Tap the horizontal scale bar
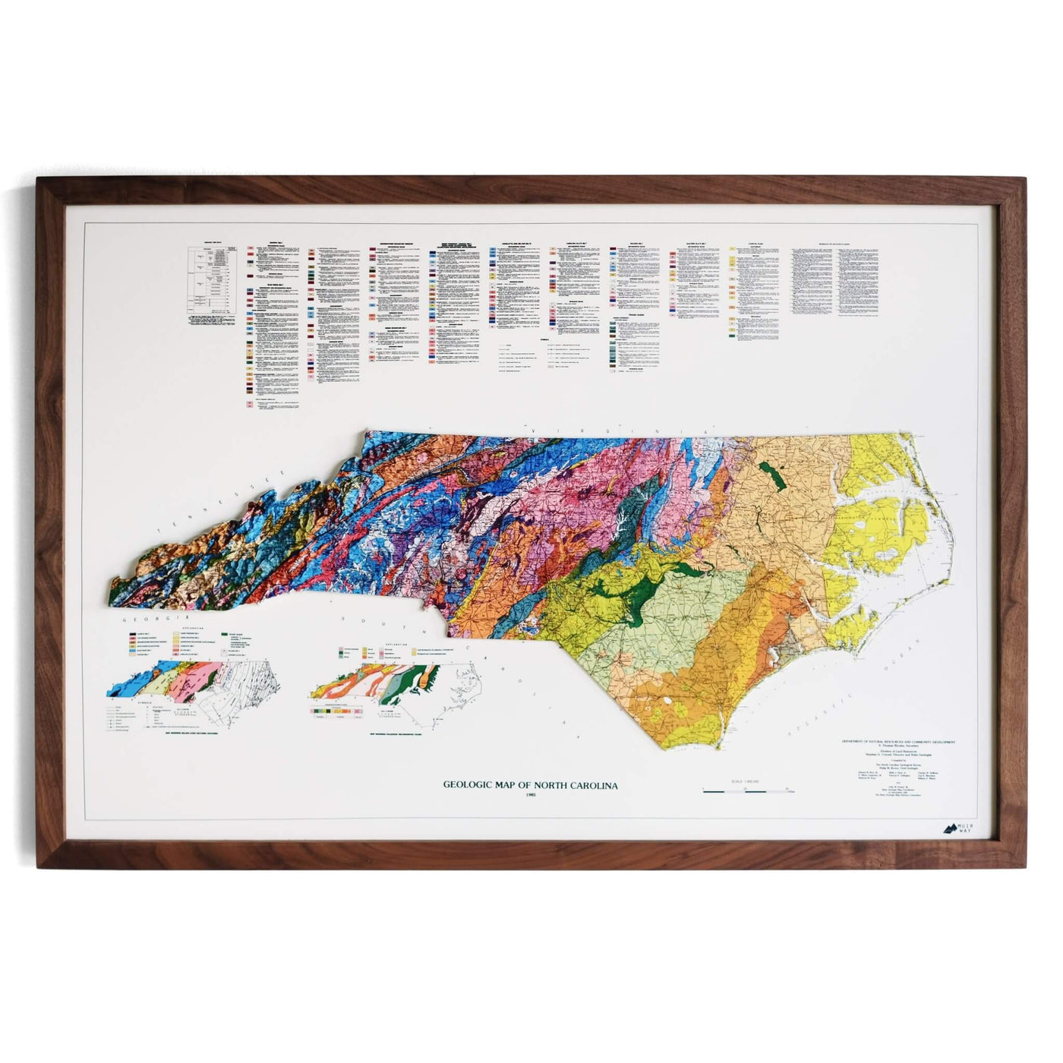(x=747, y=793)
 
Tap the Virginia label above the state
(x=600, y=431)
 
